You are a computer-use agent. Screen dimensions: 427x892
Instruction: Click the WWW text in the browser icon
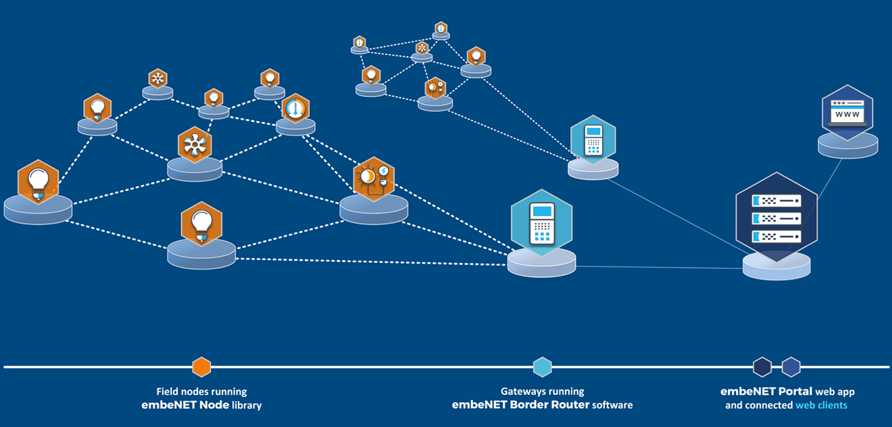pos(847,114)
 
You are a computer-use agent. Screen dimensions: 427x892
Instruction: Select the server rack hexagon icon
pos(777,217)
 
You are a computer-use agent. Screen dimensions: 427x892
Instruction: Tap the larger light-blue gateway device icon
pos(542,222)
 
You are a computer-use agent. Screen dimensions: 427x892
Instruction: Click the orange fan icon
pos(195,145)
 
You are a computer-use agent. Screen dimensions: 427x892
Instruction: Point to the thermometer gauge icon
pos(295,108)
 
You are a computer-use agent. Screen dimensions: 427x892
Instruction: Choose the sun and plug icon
pos(374,179)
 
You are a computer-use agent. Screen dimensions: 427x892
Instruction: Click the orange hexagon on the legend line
pos(202,367)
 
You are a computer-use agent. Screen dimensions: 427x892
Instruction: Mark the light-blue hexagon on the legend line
pos(542,367)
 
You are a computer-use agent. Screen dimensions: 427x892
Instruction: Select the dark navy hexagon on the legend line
pos(762,367)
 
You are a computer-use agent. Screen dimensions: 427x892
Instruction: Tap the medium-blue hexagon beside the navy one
pos(791,367)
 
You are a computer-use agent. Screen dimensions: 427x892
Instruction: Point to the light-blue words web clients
pos(821,405)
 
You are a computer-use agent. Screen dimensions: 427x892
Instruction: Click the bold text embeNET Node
pos(181,405)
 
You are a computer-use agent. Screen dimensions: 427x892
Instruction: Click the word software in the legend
pos(614,405)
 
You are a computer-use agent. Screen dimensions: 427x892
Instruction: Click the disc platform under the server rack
pos(776,266)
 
